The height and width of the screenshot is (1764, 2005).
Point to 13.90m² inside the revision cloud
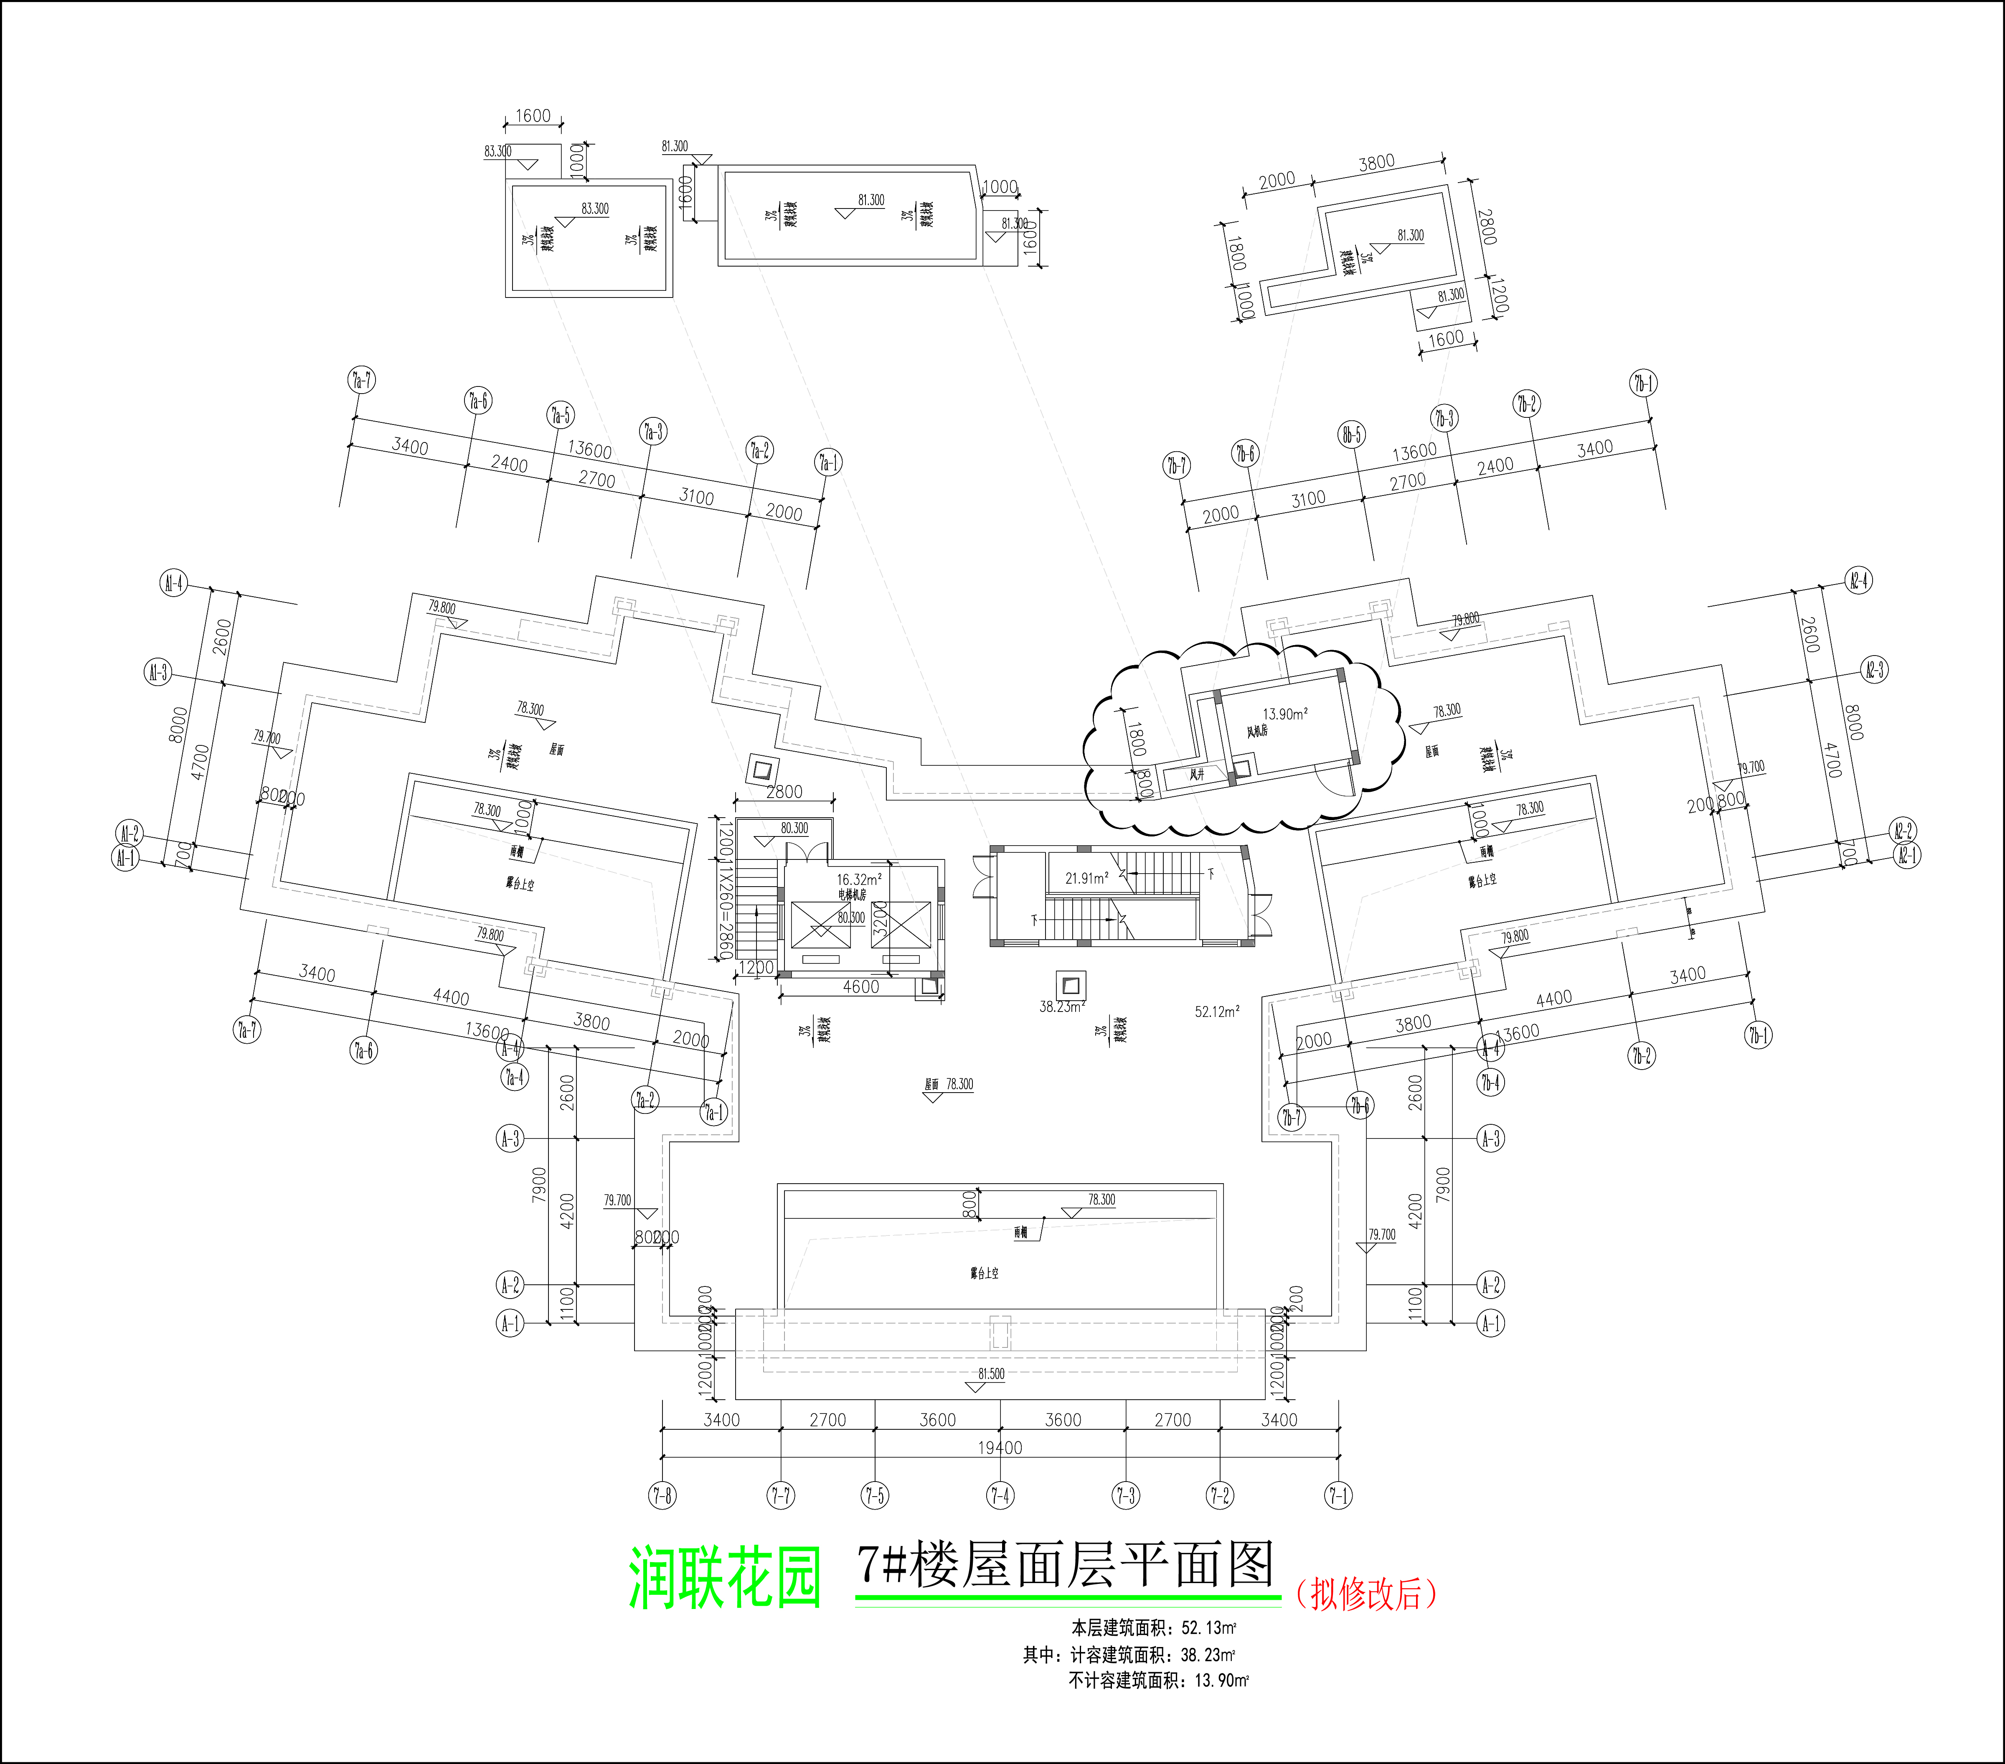1284,714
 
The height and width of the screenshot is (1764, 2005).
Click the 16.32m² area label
858,879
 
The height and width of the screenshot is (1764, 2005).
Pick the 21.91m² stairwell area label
1087,878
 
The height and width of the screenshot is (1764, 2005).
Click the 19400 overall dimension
1000,1447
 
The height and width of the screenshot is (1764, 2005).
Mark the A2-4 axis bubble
1858,580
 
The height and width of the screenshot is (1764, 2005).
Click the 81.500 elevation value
991,1373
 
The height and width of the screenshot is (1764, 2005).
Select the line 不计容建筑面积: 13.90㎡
1157,1680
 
